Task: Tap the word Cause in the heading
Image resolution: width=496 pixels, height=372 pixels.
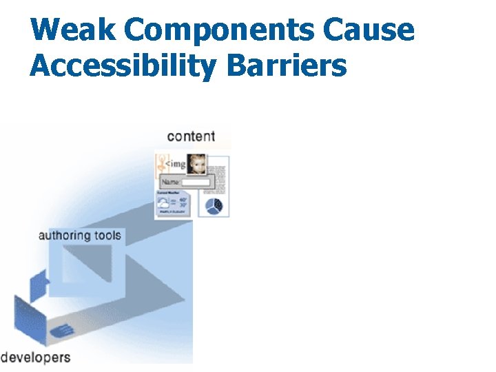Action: [x=380, y=30]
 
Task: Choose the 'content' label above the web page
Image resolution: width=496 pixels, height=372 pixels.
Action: [x=191, y=136]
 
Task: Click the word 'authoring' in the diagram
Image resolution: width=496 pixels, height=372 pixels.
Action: [x=64, y=236]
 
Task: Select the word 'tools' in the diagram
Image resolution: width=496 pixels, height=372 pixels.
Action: [x=106, y=236]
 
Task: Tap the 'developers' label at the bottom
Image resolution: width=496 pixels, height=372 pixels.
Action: [x=35, y=357]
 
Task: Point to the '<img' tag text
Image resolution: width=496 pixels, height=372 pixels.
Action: [x=175, y=164]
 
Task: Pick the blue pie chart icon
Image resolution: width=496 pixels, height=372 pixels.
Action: [x=214, y=206]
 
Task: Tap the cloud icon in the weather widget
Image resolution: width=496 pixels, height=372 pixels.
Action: [x=164, y=203]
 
